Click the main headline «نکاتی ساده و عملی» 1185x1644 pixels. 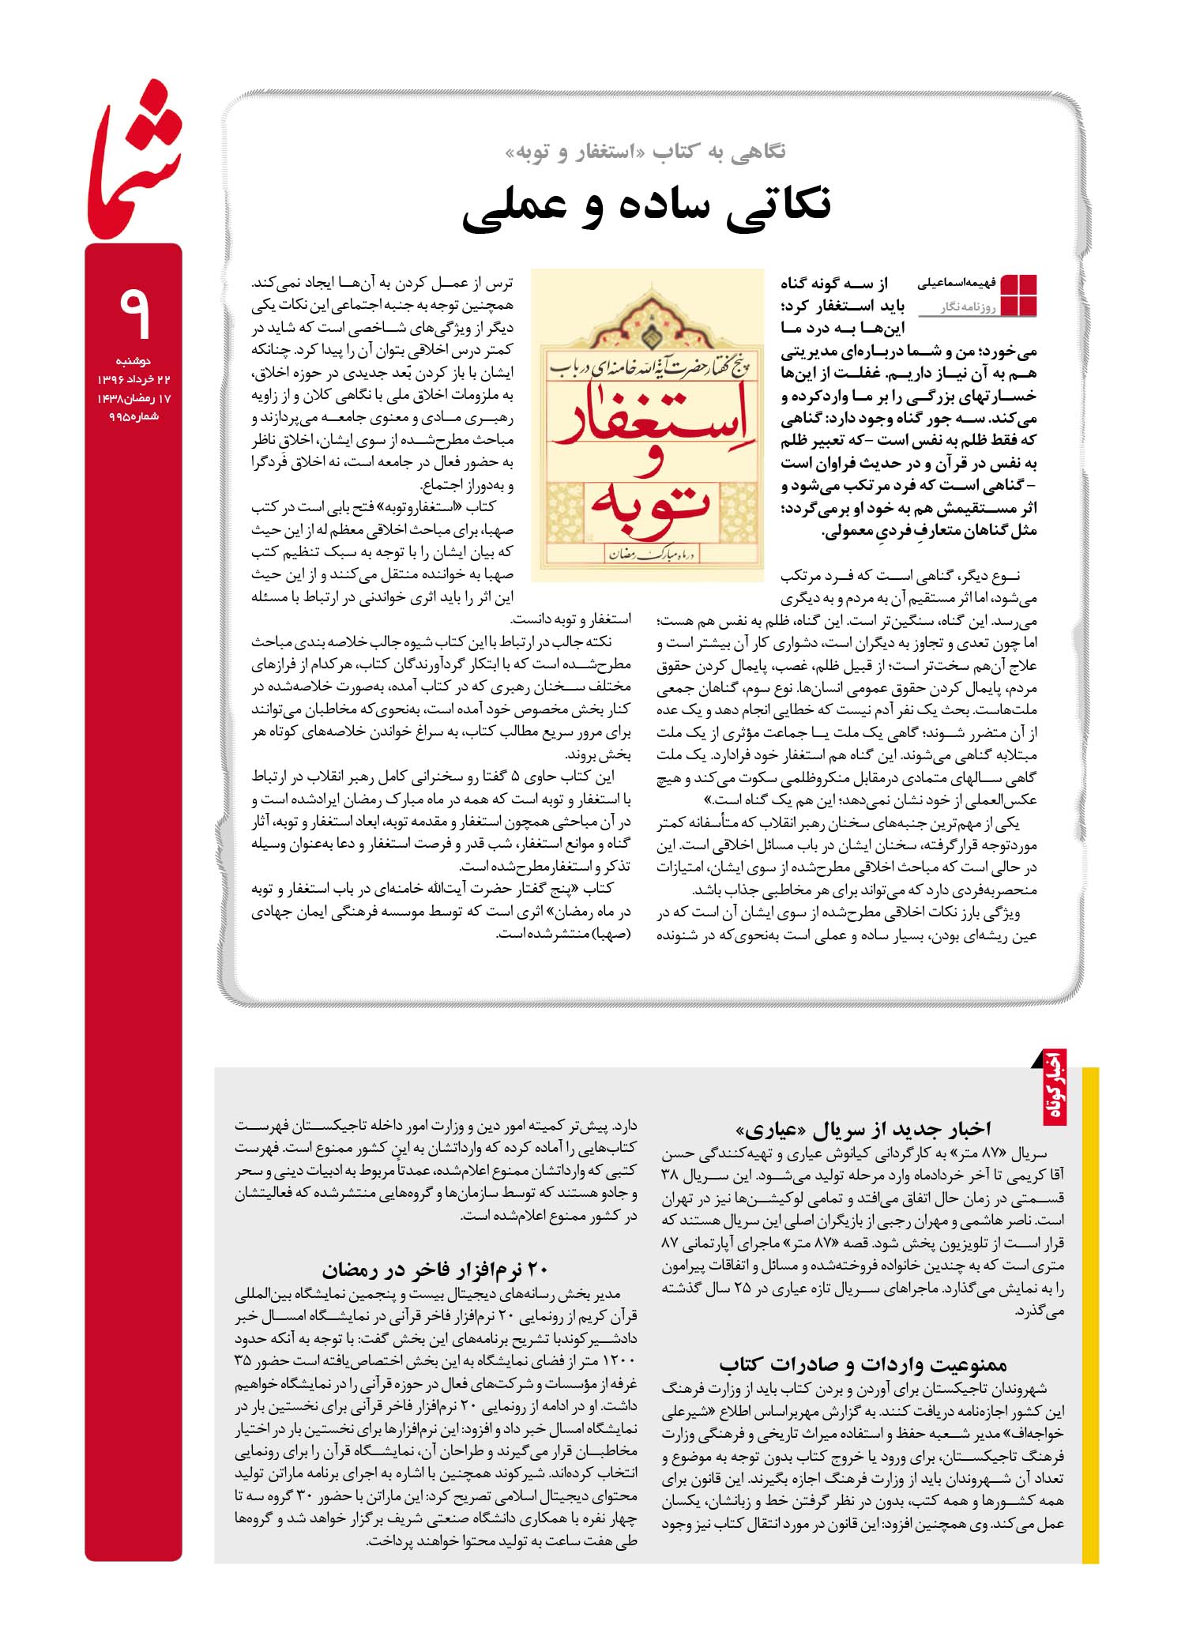(x=646, y=205)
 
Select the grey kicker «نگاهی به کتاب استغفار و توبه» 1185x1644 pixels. (x=645, y=152)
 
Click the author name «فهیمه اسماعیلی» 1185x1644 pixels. (x=957, y=283)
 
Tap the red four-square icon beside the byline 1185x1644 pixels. (x=1018, y=295)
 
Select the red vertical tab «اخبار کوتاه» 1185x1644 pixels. (x=1055, y=1086)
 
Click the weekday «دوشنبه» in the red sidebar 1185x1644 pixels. (x=133, y=361)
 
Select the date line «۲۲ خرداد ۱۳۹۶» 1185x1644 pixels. (x=133, y=380)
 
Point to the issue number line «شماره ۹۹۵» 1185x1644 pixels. (x=133, y=416)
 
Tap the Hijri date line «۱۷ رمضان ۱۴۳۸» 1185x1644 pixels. (x=133, y=398)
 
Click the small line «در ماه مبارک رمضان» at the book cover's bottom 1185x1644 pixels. (x=648, y=557)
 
